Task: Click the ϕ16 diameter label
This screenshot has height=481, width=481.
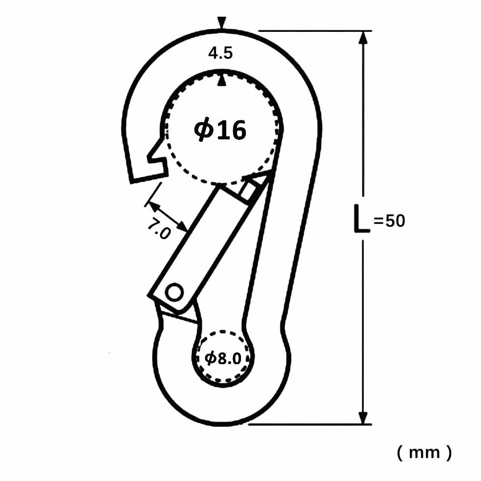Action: click(220, 130)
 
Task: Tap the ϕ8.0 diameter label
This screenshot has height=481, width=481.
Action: click(223, 358)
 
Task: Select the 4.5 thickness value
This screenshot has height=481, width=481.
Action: click(220, 53)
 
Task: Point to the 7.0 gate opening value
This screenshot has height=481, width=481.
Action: click(159, 229)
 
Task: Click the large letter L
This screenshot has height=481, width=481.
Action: click(362, 218)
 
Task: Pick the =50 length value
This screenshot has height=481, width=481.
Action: click(389, 221)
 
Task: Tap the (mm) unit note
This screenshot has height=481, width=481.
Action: click(424, 453)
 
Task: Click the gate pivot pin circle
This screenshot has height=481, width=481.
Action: click(175, 292)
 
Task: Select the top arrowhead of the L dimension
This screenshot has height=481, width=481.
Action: click(363, 38)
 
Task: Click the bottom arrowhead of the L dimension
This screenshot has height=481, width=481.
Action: click(363, 417)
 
